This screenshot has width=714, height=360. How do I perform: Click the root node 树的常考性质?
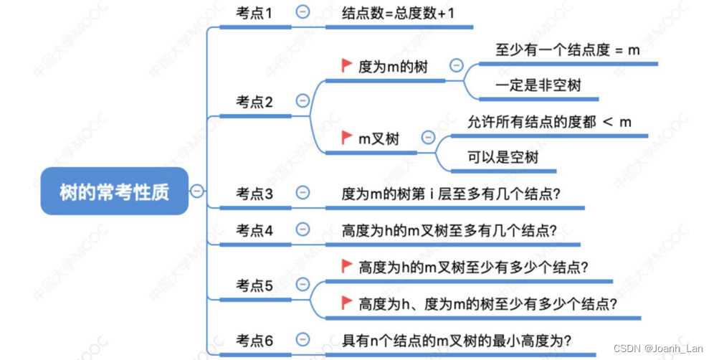[115, 191]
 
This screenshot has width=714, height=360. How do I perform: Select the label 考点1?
[254, 12]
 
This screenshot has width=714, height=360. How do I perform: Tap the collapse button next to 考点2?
[303, 101]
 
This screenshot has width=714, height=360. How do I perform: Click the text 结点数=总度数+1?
[399, 12]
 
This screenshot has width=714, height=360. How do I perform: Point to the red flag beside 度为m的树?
[347, 66]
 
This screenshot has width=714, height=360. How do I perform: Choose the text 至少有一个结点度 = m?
[568, 50]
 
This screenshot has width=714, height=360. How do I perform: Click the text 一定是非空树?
[538, 85]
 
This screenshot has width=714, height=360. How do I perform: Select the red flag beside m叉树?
[347, 137]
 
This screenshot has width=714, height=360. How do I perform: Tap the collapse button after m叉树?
[429, 138]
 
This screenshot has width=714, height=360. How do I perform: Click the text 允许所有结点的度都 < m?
[549, 122]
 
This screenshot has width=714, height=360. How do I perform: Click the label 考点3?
[254, 193]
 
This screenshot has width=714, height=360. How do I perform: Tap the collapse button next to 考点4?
[303, 229]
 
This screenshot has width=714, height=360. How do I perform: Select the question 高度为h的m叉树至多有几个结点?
[449, 230]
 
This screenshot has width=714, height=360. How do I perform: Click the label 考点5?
[254, 285]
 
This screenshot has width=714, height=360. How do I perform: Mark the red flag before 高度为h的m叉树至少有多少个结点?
[347, 266]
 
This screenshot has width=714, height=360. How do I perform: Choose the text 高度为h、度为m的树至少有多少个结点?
[488, 303]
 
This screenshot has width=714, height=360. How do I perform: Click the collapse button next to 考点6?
[303, 340]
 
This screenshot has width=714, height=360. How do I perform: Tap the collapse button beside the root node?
[196, 191]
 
